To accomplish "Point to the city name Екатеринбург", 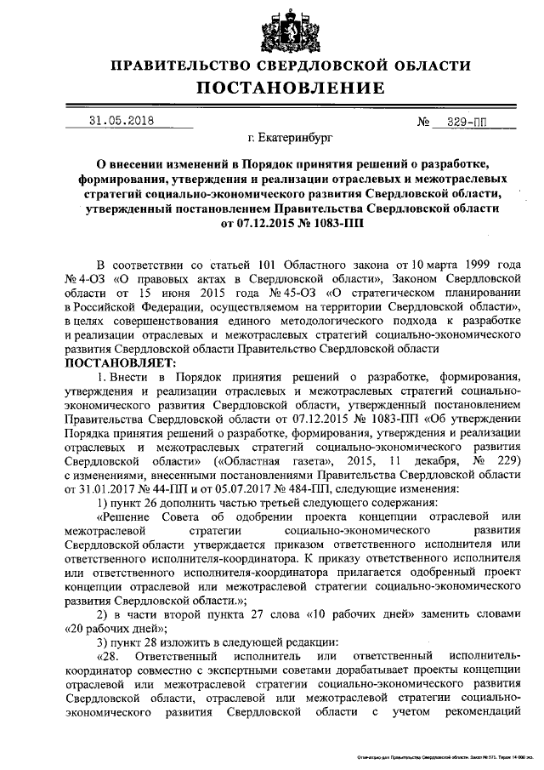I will coord(285,135).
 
